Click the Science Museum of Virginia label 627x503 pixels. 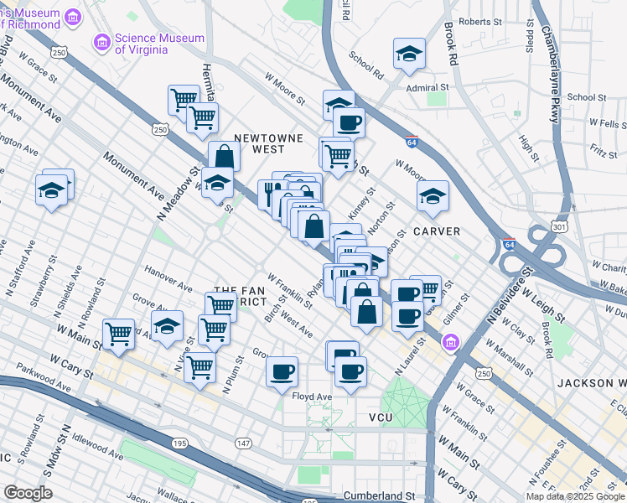pos(159,44)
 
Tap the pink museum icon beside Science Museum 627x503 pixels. pos(101,41)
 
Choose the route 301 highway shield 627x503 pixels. pos(559,227)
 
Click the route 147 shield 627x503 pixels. pos(242,442)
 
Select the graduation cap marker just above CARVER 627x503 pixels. pos(433,196)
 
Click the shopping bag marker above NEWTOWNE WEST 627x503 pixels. pos(225,156)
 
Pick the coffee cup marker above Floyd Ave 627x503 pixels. pos(282,370)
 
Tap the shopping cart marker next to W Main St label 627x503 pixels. pos(119,333)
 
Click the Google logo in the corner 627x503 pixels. pos(28,492)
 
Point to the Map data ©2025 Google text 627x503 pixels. pos(574,496)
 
